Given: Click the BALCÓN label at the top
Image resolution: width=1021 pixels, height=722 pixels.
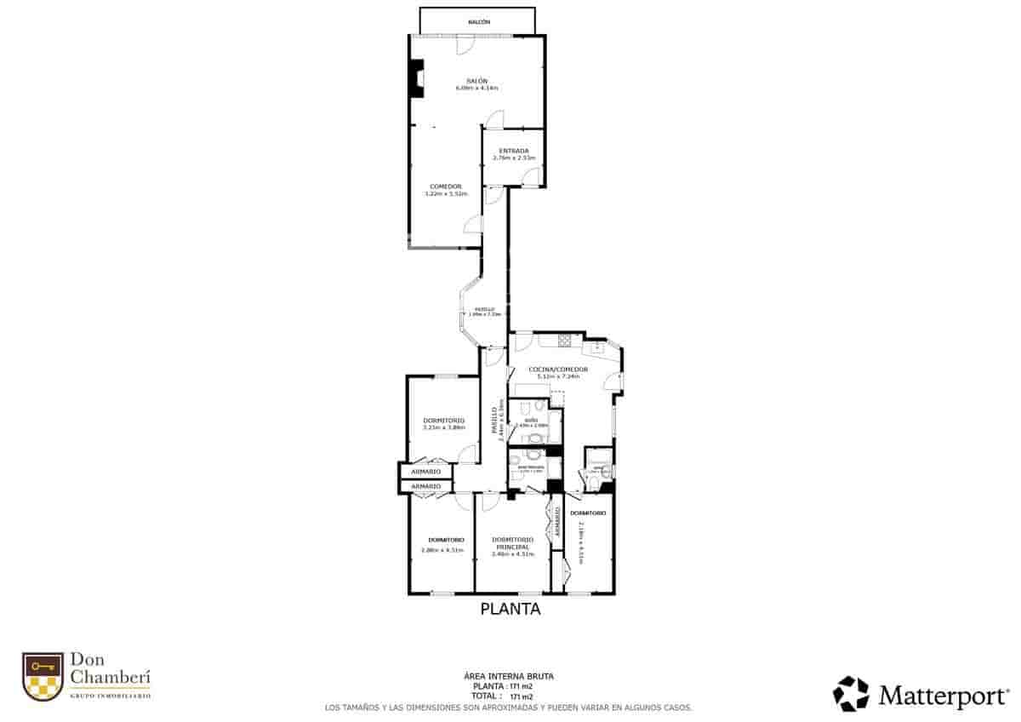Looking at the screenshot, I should [x=478, y=22].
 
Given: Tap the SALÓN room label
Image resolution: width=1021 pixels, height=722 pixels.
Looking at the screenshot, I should [x=476, y=80].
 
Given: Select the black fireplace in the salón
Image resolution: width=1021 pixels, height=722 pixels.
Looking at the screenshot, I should [x=416, y=77].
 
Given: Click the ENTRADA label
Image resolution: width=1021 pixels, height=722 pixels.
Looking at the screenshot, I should [x=514, y=151].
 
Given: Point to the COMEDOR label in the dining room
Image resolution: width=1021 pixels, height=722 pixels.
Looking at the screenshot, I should [x=446, y=186].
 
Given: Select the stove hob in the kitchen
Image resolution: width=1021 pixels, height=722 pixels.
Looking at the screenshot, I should [x=564, y=341].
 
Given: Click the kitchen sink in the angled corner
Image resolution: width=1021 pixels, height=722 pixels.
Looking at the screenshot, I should [x=598, y=347].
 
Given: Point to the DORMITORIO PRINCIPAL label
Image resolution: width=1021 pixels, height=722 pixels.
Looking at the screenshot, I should [x=512, y=543].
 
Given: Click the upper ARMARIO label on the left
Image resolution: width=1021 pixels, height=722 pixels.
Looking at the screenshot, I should [x=425, y=472].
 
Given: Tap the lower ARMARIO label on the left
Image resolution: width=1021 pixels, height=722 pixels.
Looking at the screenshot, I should [x=425, y=486].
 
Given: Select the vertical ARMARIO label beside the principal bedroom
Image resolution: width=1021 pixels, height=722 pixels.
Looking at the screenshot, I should [x=557, y=522].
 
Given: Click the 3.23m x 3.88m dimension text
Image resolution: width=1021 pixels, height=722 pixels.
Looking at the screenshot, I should [x=444, y=427].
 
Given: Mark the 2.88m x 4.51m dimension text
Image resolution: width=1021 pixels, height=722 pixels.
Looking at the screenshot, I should [x=442, y=550].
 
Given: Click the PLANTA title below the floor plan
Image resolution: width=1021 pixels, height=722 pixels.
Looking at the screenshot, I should [x=510, y=609].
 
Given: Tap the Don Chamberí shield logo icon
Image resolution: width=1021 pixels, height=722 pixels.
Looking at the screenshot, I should [x=43, y=676].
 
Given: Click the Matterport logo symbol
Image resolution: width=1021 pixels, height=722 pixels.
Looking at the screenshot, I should [x=851, y=693].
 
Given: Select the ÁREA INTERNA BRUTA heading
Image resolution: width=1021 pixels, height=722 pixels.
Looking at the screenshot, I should [x=510, y=676].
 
